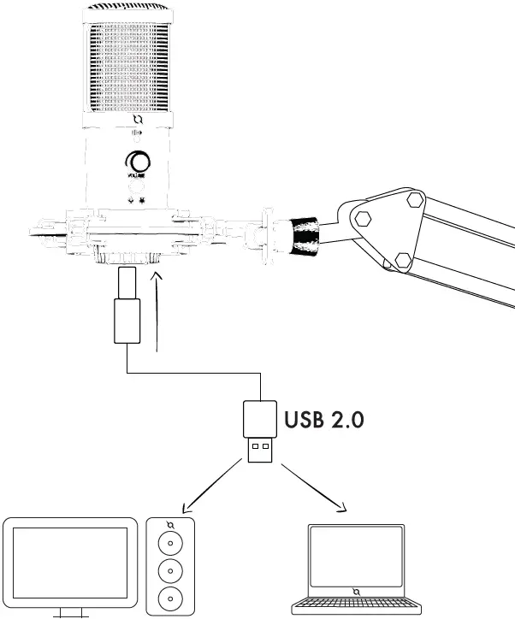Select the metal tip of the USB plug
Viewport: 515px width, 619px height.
[x=258, y=450]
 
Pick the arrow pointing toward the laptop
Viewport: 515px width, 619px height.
[x=316, y=490]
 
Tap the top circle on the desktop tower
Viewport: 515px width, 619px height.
[x=171, y=545]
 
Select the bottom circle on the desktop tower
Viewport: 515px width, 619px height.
[x=171, y=597]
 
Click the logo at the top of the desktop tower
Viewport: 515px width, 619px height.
[x=171, y=525]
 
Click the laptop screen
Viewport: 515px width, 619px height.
[x=355, y=555]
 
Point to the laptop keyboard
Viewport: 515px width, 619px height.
[x=355, y=608]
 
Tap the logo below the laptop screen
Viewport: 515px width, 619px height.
[x=355, y=591]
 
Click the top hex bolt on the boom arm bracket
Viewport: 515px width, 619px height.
[x=416, y=201]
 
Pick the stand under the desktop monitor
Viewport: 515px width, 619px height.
[x=69, y=611]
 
